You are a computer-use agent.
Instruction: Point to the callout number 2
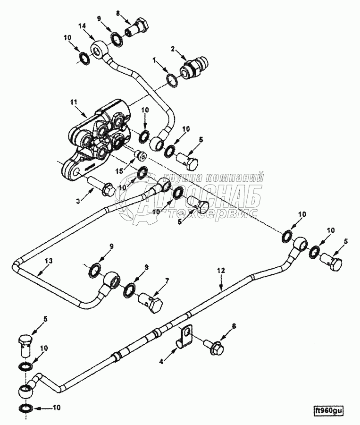coord(173,49)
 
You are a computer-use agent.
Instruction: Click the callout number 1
coord(154,60)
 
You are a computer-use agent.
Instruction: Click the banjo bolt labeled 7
coord(151,301)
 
